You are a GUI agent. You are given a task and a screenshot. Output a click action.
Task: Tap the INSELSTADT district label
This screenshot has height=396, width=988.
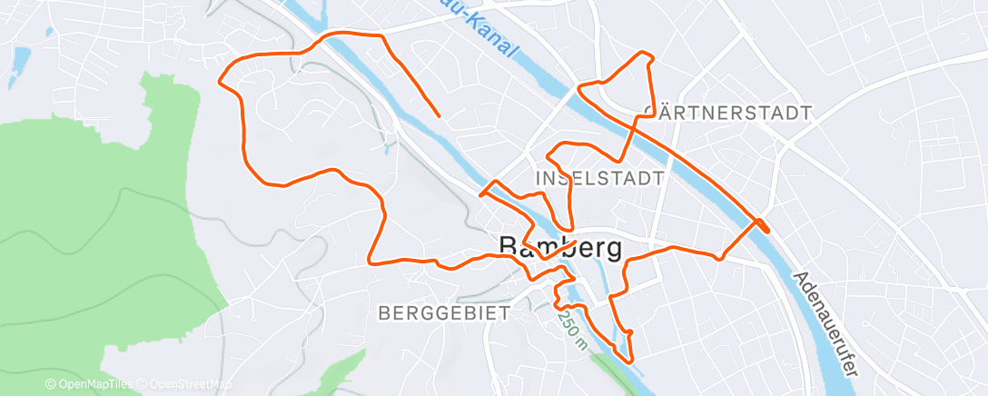[600, 178]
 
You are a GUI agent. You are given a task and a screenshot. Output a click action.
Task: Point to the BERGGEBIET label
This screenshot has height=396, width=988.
[442, 312]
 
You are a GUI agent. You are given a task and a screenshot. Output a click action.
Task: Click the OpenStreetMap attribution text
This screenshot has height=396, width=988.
[187, 385]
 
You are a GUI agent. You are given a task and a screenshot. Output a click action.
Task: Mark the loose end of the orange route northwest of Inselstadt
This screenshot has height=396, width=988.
[440, 116]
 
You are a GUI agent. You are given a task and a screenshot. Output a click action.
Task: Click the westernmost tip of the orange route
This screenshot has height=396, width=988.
[221, 80]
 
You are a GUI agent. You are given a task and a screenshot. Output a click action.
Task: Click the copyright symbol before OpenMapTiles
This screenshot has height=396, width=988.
[50, 385]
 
